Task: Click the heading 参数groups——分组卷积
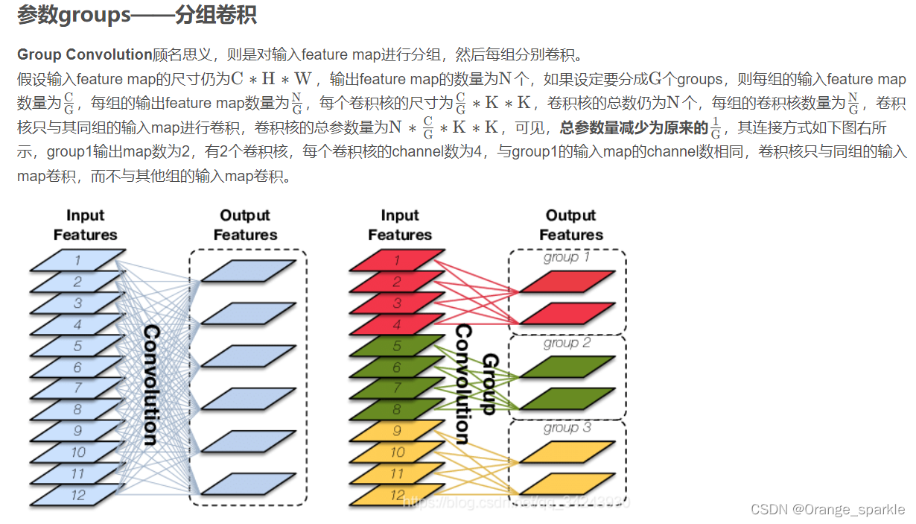click(137, 16)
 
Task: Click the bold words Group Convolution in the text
click(84, 54)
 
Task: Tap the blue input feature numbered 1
click(77, 260)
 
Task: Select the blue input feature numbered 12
click(77, 495)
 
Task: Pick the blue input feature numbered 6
click(77, 367)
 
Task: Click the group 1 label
click(566, 257)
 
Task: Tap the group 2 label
click(566, 343)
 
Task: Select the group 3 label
click(566, 428)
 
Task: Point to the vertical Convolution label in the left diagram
click(150, 385)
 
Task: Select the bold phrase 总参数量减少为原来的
click(633, 128)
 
